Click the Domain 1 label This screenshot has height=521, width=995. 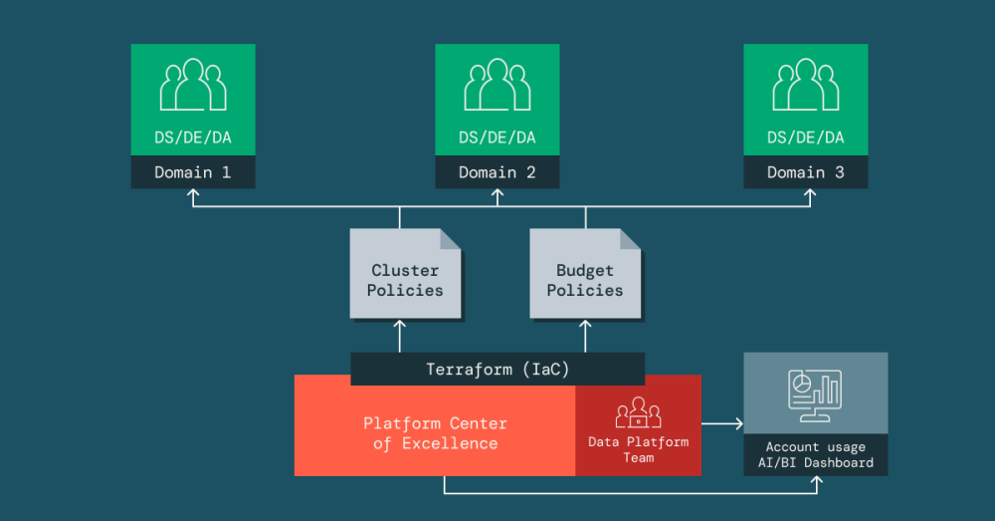tap(193, 172)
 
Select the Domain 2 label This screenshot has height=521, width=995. tap(497, 172)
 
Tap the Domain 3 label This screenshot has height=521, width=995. tap(806, 172)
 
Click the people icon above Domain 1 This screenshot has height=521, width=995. tap(193, 86)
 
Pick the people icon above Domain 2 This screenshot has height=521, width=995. tap(497, 86)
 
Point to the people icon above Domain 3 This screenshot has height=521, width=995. tap(806, 86)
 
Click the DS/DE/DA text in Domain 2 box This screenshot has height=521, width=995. tap(497, 137)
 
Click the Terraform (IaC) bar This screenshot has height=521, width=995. tap(497, 369)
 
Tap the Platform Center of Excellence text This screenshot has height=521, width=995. tap(435, 433)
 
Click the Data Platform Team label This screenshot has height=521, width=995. tap(639, 449)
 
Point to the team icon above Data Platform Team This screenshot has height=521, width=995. tap(639, 412)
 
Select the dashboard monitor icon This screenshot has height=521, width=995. tap(815, 394)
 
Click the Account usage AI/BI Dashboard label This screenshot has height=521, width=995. tap(815, 455)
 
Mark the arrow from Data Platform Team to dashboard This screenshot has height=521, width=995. tap(722, 424)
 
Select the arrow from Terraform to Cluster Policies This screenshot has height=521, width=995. tap(400, 336)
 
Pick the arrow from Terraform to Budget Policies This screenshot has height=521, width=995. tap(585, 336)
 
